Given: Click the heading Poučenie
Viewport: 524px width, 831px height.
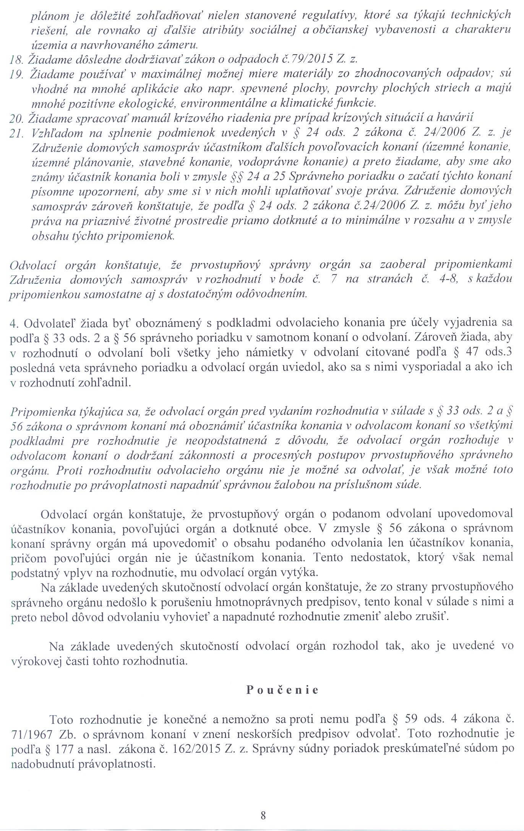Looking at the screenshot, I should pos(282,690).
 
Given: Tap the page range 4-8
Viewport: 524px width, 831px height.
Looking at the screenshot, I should pos(446,279).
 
